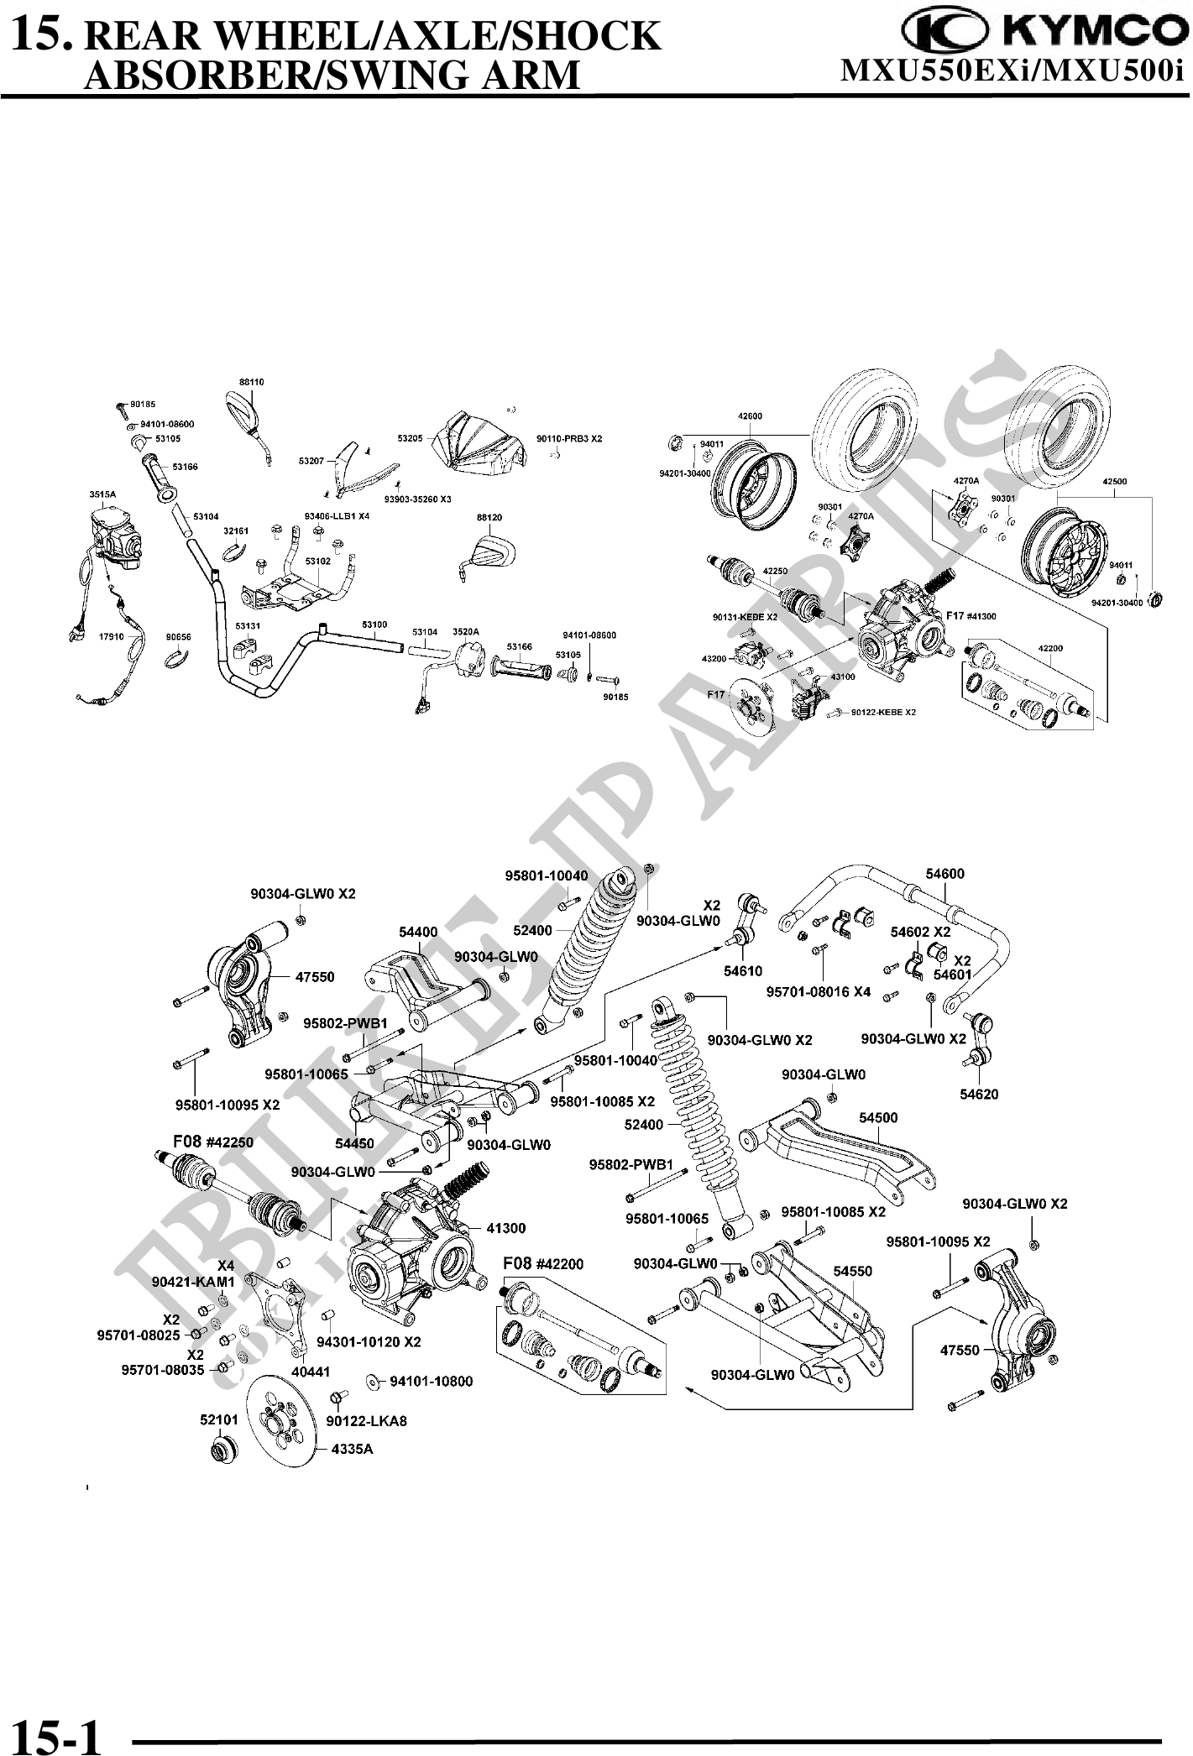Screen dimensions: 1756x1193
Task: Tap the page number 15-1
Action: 58,1734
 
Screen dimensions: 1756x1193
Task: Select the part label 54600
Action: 944,873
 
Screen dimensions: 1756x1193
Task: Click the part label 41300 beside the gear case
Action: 505,1228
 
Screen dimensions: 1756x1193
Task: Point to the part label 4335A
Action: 352,1449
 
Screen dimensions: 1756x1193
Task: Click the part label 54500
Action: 878,1117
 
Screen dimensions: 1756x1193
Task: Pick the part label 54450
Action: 354,1143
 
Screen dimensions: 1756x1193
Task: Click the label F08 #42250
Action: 213,1142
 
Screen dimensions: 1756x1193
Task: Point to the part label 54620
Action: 979,1094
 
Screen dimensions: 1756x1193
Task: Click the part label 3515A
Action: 102,494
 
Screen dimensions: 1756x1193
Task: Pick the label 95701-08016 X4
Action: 819,991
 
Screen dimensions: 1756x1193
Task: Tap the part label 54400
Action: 418,931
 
